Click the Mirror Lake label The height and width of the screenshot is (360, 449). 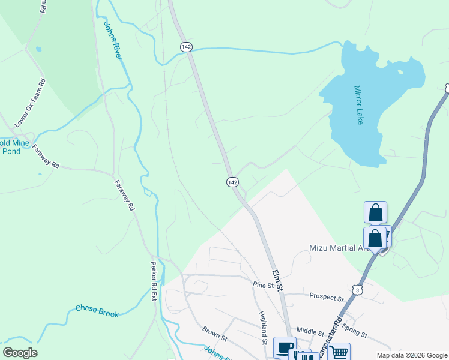pos(359,104)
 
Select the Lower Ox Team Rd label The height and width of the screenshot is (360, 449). pos(31,103)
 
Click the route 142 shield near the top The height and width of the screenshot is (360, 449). pos(185,46)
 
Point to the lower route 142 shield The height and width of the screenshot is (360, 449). pos(232,181)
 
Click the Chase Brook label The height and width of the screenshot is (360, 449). pos(97,310)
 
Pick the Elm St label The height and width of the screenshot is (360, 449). pos(277,280)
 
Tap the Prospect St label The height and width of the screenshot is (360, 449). pos(326,296)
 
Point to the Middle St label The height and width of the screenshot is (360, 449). pos(310,331)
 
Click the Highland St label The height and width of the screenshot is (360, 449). pos(263,328)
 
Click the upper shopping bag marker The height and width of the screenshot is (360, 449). pos(375,212)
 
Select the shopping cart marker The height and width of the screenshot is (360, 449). pos(339,352)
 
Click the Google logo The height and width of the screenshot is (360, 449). pos(20,352)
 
